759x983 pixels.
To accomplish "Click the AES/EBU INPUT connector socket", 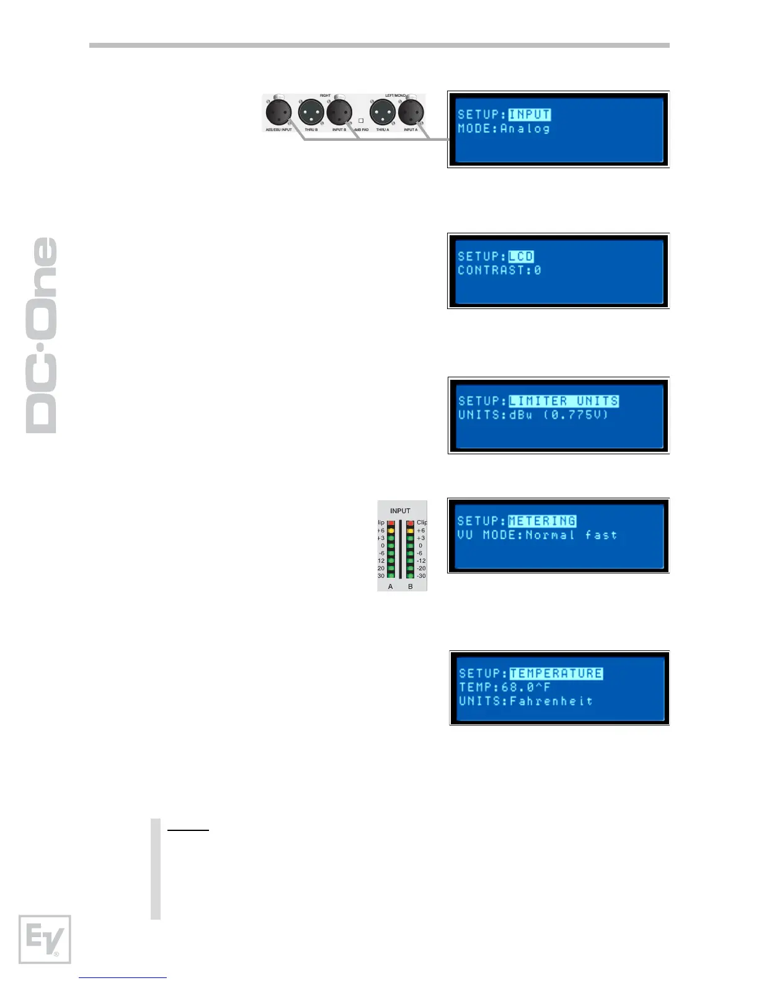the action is point(278,113).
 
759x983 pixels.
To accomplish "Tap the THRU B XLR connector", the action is point(311,113).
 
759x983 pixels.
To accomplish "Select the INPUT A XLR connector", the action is point(411,113).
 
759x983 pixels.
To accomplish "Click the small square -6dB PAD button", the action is point(361,121).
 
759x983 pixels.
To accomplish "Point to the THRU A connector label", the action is point(383,130).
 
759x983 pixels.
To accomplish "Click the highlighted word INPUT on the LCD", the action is point(530,115).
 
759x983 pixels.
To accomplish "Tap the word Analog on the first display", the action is point(525,129).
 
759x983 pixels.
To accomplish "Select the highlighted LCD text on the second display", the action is point(521,257).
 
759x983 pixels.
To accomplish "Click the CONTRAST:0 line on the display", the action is point(499,271).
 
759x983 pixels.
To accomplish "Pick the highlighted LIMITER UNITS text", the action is point(564,402).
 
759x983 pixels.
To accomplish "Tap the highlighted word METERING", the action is point(542,521).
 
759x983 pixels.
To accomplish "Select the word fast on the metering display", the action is point(601,535).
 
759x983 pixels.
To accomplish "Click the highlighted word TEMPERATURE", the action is point(556,673).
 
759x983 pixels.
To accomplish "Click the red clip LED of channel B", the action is point(410,523).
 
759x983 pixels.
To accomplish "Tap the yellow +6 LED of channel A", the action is point(391,531).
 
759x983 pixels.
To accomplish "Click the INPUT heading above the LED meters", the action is point(400,511).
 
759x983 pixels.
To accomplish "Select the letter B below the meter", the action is point(410,586).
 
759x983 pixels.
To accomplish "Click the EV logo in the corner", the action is point(45,939).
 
